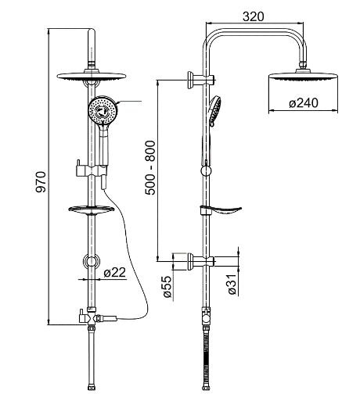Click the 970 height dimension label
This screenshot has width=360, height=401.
[41, 181]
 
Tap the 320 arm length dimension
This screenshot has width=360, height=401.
[253, 17]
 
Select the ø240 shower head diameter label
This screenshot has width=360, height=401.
[304, 103]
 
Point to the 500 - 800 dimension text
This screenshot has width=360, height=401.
[150, 168]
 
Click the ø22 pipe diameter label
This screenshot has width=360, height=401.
[114, 273]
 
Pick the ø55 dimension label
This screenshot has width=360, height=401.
[167, 286]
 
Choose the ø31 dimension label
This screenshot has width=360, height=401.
[232, 284]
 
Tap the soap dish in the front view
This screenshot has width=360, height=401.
[92, 209]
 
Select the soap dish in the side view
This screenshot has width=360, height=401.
[221, 210]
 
